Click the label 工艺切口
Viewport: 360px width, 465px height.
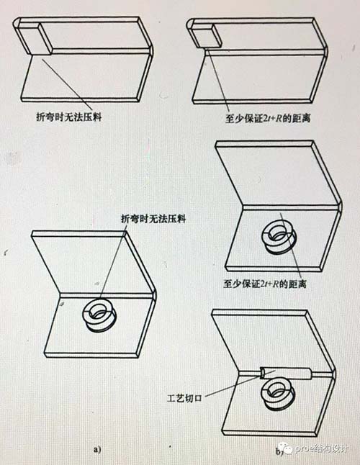pyautogui.click(x=184, y=397)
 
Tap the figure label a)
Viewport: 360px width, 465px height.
pyautogui.click(x=98, y=450)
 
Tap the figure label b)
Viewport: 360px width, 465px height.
pyautogui.click(x=279, y=451)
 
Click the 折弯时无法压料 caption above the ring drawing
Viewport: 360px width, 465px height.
pyautogui.click(x=153, y=219)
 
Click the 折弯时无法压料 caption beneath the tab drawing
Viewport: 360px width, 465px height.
pyautogui.click(x=69, y=117)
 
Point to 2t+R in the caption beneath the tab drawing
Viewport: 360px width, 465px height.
pyautogui.click(x=272, y=119)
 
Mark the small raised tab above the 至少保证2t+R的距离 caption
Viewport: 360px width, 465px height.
pyautogui.click(x=205, y=35)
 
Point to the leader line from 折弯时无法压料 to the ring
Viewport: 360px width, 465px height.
pyautogui.click(x=113, y=261)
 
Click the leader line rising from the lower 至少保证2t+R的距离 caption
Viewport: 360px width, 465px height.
pyautogui.click(x=291, y=245)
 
